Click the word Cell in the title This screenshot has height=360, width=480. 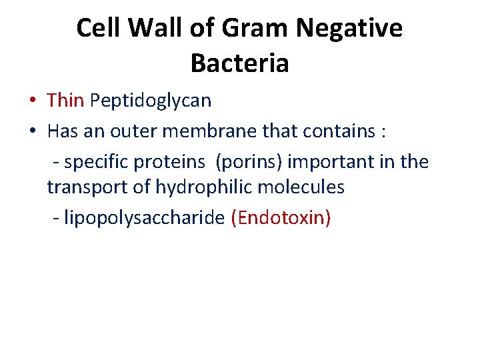[x=99, y=29]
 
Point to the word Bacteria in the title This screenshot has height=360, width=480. [x=239, y=63]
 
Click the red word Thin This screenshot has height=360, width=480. [x=65, y=101]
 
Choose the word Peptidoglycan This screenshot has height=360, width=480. [x=151, y=101]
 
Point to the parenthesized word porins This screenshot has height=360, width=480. [x=249, y=161]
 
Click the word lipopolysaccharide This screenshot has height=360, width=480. [x=144, y=219]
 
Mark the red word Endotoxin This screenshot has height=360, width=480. [x=280, y=219]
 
